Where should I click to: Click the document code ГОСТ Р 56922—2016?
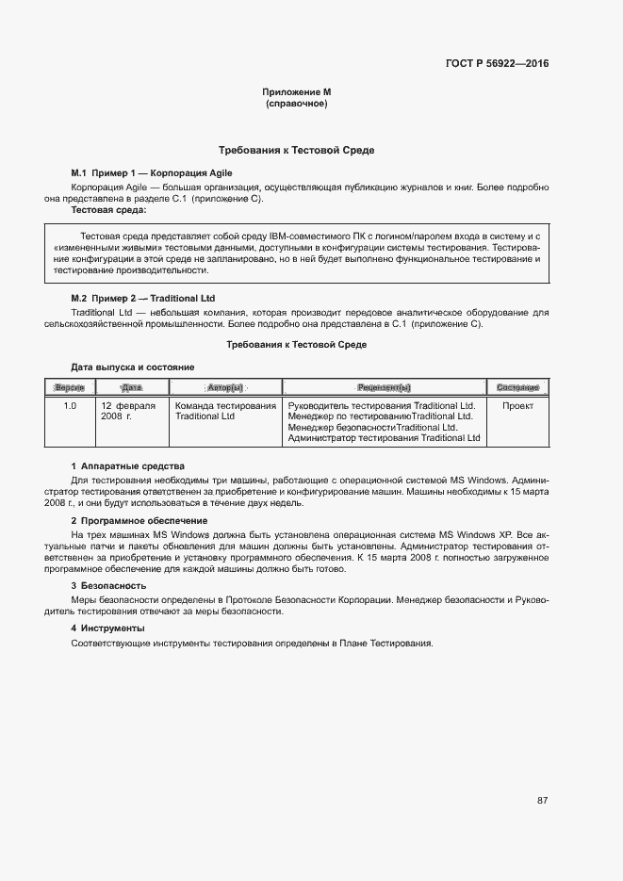tap(497, 64)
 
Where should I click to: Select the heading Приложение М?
tap(296, 92)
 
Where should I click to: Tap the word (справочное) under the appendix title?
tap(296, 104)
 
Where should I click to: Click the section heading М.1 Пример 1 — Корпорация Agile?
tap(152, 173)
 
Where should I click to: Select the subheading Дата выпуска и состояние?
tap(133, 366)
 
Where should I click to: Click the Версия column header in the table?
tap(70, 387)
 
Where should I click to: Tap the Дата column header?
tap(131, 387)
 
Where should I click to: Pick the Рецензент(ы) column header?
tap(384, 387)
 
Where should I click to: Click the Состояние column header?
tap(517, 387)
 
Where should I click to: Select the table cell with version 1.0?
tap(70, 406)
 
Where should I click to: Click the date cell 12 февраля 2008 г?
tap(128, 411)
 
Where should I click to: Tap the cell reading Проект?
tap(517, 406)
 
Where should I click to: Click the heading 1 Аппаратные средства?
tap(128, 466)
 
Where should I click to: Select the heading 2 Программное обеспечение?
tap(139, 521)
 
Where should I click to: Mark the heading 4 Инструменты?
tap(108, 628)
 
